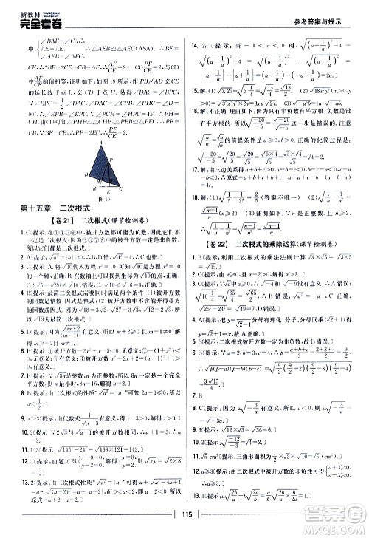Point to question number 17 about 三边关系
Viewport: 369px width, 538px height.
point(196,189)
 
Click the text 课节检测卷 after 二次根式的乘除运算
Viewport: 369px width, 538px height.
point(335,242)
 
